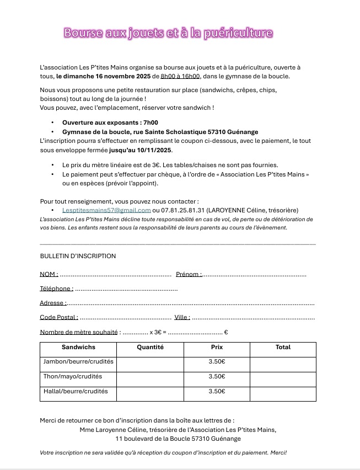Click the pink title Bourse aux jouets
point(168,33)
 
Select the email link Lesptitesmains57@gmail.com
point(106,210)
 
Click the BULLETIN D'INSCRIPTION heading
point(78,256)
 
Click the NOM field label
point(49,274)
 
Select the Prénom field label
point(189,274)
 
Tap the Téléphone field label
point(56,289)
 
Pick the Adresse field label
point(53,303)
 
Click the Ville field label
point(182,317)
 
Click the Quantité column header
point(151,348)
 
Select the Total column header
point(283,348)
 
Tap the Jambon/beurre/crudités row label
point(78,362)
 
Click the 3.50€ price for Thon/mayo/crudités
point(217,377)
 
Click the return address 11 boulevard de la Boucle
point(178,439)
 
